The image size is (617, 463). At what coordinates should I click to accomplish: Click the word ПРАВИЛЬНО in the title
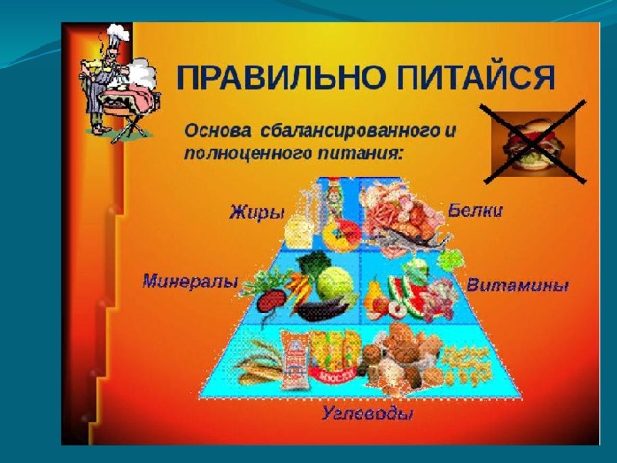(281, 76)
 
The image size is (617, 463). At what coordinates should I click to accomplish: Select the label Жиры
(257, 213)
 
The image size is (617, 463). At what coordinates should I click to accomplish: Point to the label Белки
(475, 210)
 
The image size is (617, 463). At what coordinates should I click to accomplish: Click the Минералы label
(190, 282)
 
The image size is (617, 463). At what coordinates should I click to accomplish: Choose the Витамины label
(517, 286)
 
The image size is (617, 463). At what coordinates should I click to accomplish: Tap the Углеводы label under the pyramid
(367, 414)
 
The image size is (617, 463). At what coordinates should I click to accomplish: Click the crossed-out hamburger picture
(531, 142)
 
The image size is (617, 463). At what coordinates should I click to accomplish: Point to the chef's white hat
(119, 32)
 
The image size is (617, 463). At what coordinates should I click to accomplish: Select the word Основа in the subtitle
(217, 131)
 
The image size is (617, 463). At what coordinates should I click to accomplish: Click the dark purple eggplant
(321, 310)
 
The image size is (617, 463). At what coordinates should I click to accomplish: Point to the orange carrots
(302, 290)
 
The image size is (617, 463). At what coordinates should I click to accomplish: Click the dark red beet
(271, 301)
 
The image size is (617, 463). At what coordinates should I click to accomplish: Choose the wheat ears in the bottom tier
(257, 363)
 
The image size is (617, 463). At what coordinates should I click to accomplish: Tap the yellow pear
(374, 292)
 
